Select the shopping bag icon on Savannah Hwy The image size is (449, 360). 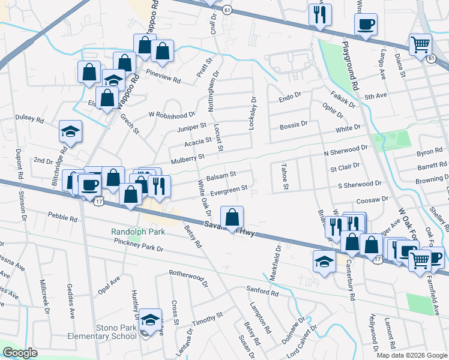(x=232, y=217)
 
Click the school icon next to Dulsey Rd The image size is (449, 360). (x=70, y=133)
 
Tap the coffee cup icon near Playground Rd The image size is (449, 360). (x=366, y=25)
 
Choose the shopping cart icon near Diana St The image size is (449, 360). (x=420, y=45)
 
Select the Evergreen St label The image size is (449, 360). (x=229, y=190)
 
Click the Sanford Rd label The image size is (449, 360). (x=262, y=293)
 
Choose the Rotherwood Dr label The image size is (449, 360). (x=188, y=277)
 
